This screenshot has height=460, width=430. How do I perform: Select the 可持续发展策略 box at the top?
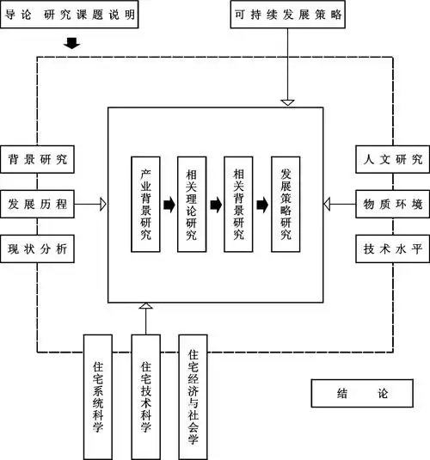pos(288,15)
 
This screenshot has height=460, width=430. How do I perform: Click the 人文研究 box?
pos(390,159)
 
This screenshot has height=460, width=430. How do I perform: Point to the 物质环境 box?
pos(390,204)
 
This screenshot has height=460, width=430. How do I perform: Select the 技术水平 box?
pos(390,248)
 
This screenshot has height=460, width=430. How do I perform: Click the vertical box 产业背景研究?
pos(146,205)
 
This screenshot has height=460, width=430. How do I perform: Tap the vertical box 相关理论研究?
pos(193,205)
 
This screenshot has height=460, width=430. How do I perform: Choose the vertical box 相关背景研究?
pos(239,205)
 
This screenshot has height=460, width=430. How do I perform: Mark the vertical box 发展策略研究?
pos(286,205)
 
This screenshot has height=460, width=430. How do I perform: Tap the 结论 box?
pos(360,394)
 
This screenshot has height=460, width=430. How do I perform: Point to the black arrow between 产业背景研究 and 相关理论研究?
pos(169,205)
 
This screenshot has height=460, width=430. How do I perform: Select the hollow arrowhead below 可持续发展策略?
pos(288,102)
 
